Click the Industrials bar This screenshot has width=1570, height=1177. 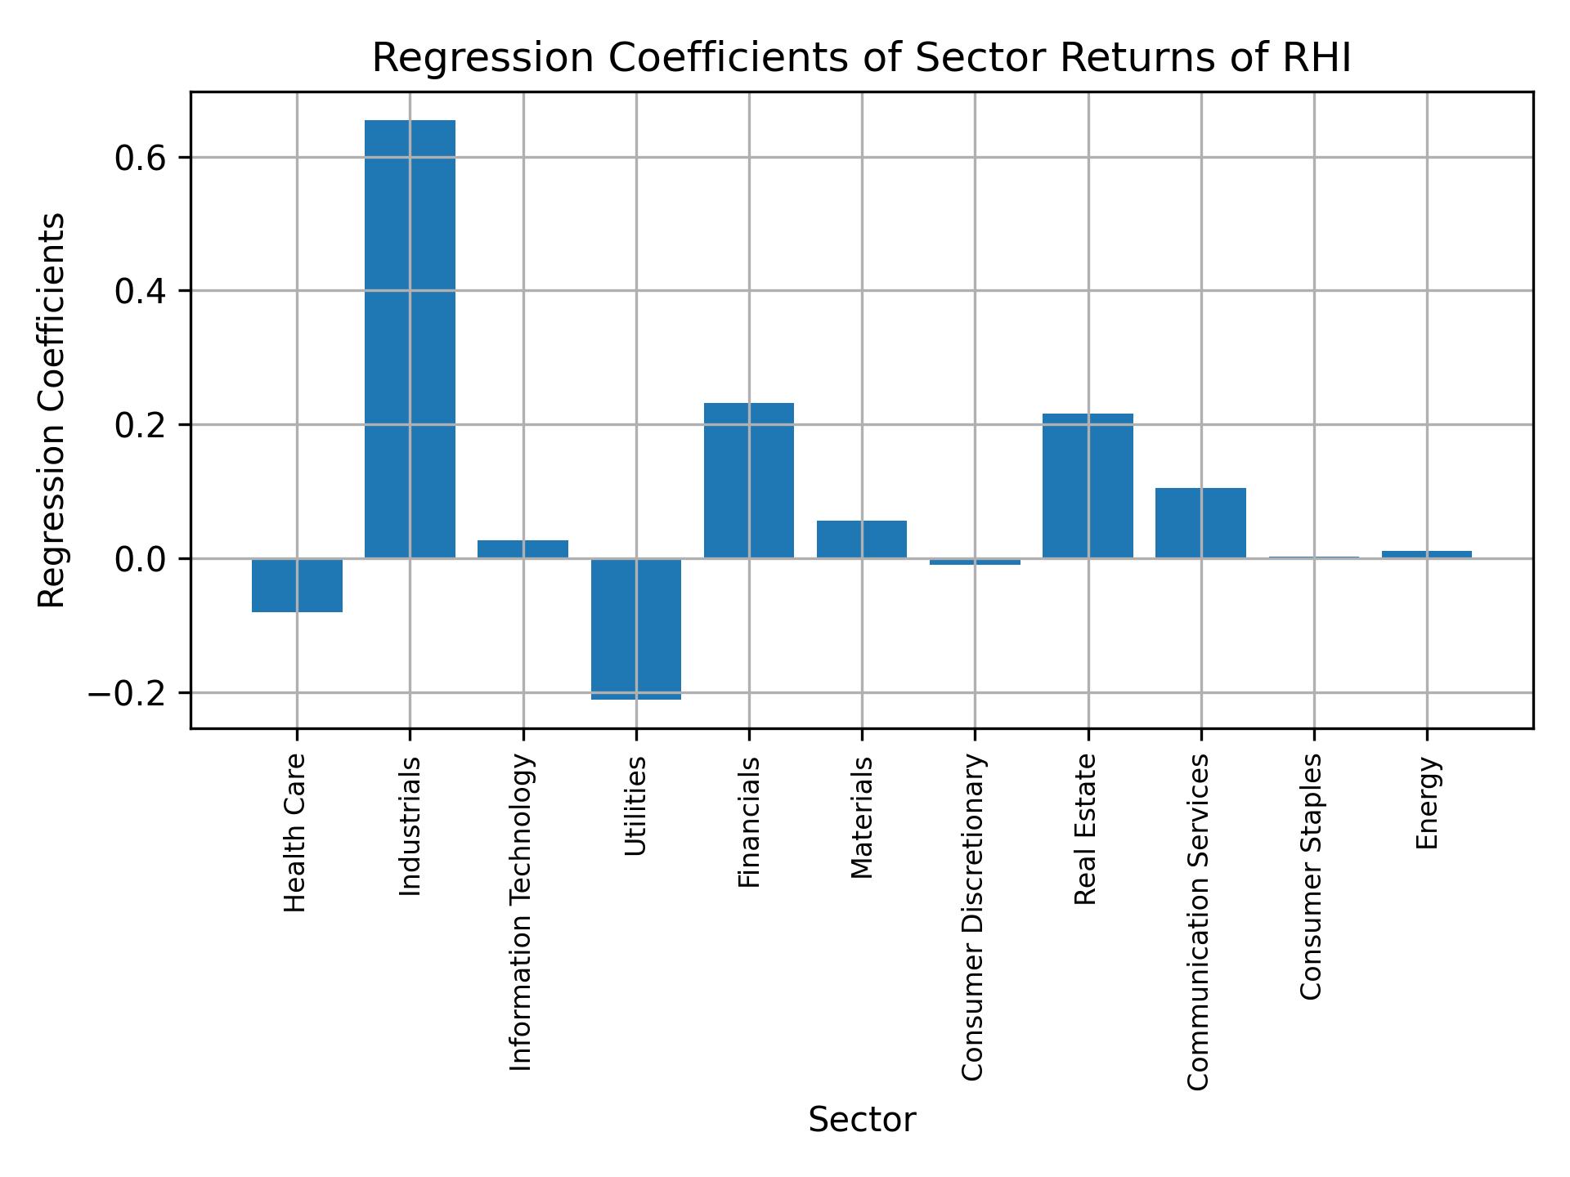tap(410, 339)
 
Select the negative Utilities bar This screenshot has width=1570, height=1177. tap(636, 629)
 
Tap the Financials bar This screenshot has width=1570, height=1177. tap(748, 481)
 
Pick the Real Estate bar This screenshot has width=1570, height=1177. tap(1088, 486)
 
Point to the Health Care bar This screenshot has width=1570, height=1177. tap(297, 585)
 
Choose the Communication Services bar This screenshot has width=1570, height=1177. tap(1200, 523)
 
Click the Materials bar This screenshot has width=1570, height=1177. tap(861, 539)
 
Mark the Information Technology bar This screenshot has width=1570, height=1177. tap(523, 549)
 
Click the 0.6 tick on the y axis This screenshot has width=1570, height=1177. tap(141, 158)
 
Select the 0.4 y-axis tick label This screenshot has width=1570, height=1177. tap(141, 292)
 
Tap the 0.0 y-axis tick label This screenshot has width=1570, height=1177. tap(141, 560)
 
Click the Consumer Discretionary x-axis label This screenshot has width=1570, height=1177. tap(972, 917)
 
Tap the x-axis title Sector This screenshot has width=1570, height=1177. tap(862, 1120)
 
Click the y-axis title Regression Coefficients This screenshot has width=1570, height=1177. tap(52, 410)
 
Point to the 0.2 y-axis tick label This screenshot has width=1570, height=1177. tap(141, 426)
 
